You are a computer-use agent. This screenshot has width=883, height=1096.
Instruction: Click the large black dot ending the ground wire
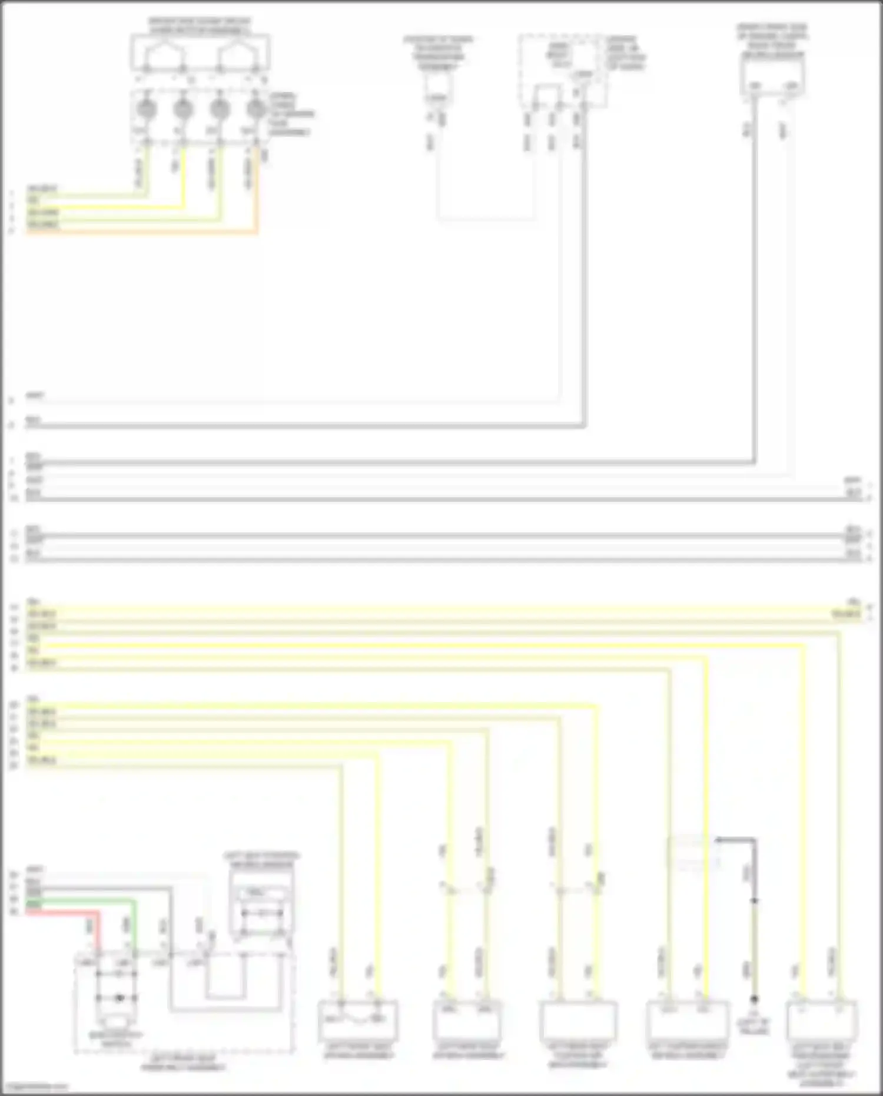point(754,999)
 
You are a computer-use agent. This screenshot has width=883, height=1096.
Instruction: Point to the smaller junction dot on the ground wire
point(754,900)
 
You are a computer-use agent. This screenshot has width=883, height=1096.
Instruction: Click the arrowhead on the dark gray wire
point(719,839)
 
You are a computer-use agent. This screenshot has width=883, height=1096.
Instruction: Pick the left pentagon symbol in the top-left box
point(164,55)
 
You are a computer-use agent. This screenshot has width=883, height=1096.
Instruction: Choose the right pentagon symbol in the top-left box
point(238,55)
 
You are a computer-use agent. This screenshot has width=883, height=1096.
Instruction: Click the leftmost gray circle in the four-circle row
point(147,109)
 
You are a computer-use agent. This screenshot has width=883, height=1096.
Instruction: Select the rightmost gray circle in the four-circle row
point(256,109)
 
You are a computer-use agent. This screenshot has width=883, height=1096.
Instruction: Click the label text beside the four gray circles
point(291,114)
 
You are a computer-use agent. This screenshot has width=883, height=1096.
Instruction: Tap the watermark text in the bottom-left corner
point(34,1087)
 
